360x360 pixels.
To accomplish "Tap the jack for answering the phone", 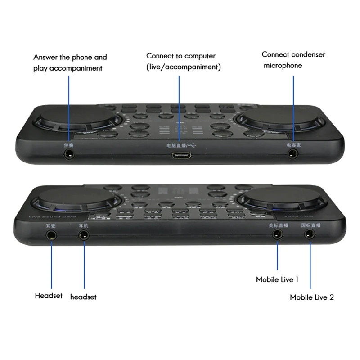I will tap(69, 154).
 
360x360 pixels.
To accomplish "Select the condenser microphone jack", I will tap(293, 154).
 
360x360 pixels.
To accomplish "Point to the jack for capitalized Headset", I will tap(50, 234).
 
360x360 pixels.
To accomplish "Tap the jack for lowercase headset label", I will tap(84, 234).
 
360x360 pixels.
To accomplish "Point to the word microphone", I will tap(283, 66).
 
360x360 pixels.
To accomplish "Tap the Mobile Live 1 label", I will tap(277, 280).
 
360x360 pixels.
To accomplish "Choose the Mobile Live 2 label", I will tap(311, 297).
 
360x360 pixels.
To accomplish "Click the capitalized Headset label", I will tap(49, 296).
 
